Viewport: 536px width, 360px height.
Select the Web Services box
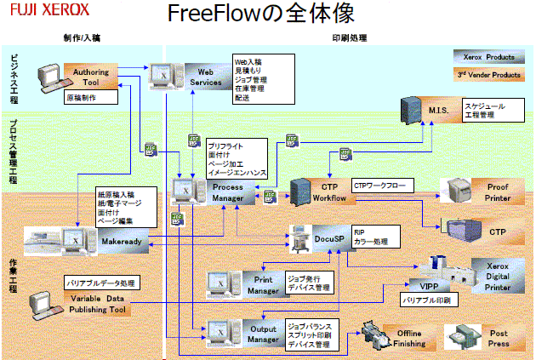(205, 77)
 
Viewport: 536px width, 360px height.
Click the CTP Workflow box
(330, 191)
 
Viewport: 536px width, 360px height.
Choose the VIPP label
(416, 285)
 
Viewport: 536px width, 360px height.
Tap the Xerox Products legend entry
(488, 57)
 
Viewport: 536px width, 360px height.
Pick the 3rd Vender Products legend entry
(488, 75)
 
